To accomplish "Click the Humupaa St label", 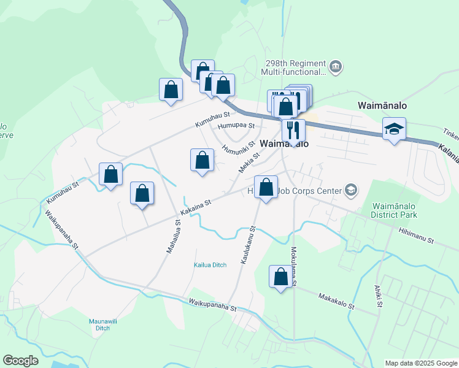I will click(236, 125).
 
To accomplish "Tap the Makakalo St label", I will click(336, 301).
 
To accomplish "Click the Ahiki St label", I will click(379, 296).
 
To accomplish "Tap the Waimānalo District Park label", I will click(394, 211).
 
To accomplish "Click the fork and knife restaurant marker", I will click(293, 129).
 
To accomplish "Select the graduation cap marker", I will click(394, 129).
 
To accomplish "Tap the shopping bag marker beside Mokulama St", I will click(280, 276).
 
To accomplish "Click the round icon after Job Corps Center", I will click(350, 191).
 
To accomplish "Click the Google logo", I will click(20, 361).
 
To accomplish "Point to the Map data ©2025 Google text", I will click(420, 363).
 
